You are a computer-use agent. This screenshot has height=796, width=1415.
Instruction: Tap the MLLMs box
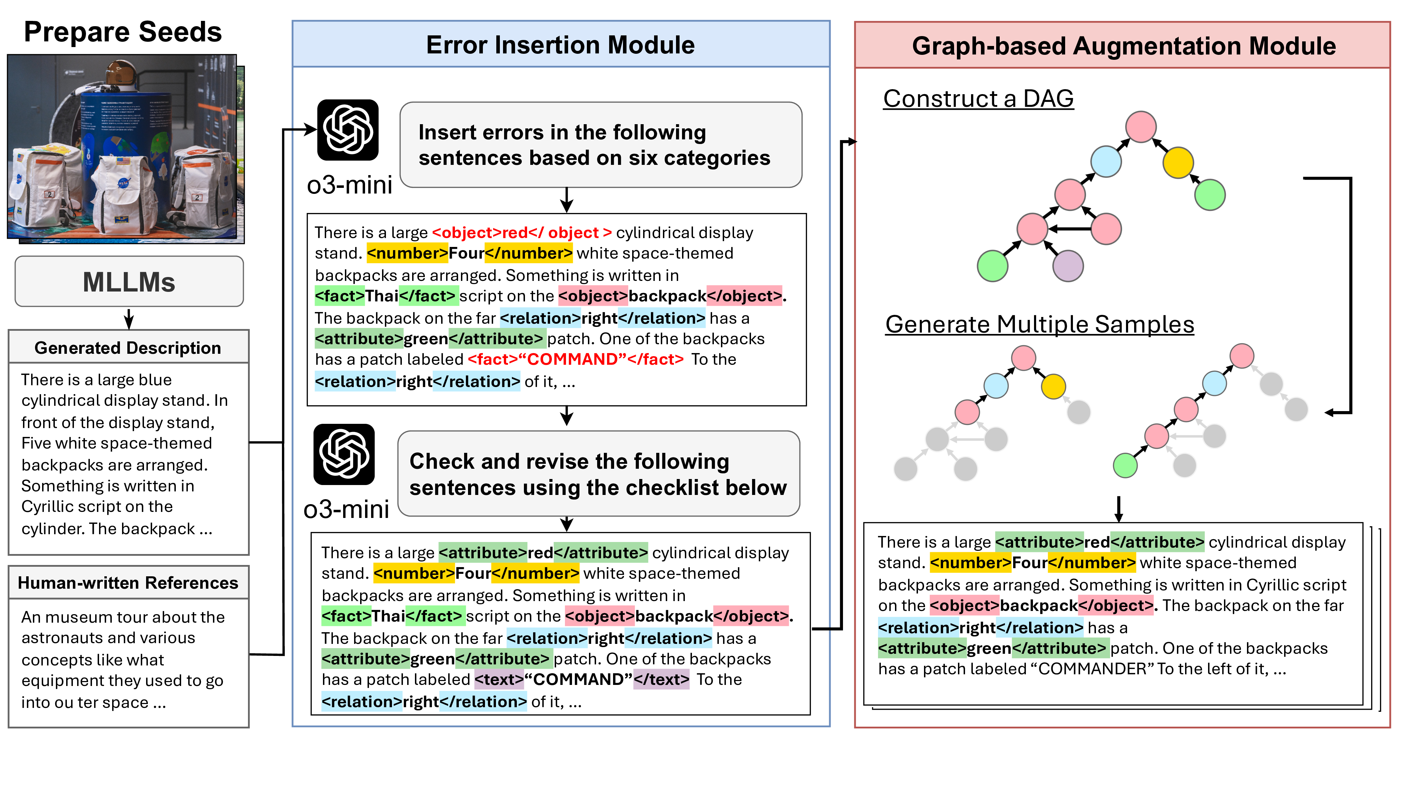click(129, 282)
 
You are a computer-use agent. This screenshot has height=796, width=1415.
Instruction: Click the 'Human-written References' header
click(128, 583)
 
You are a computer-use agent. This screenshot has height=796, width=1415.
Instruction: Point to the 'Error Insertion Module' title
click(560, 45)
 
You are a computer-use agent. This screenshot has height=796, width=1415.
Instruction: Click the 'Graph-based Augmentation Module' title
click(1123, 46)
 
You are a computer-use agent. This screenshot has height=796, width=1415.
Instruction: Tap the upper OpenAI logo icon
click(348, 130)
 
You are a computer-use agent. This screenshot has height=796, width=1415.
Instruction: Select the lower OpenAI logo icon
click(344, 454)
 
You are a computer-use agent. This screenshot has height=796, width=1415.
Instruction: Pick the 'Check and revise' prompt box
click(598, 474)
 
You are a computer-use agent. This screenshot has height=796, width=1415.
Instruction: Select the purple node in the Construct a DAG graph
click(1068, 266)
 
